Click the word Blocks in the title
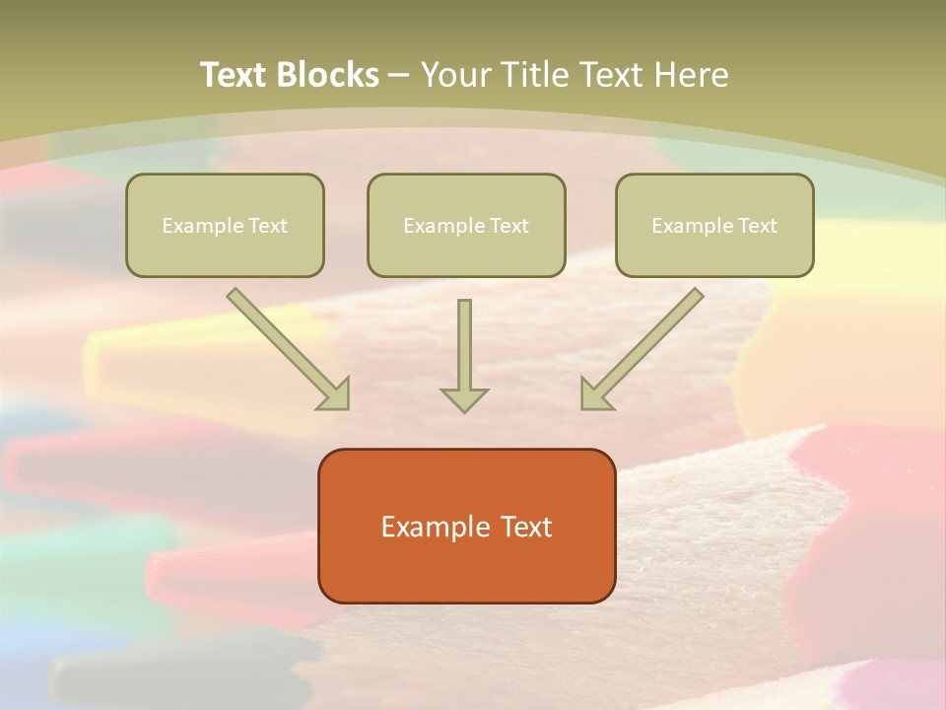(329, 75)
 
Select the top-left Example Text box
(225, 225)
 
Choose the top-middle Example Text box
(466, 225)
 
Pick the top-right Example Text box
(714, 225)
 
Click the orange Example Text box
(466, 526)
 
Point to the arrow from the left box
(286, 345)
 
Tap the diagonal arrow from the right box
(645, 345)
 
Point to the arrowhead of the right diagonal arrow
(594, 394)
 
